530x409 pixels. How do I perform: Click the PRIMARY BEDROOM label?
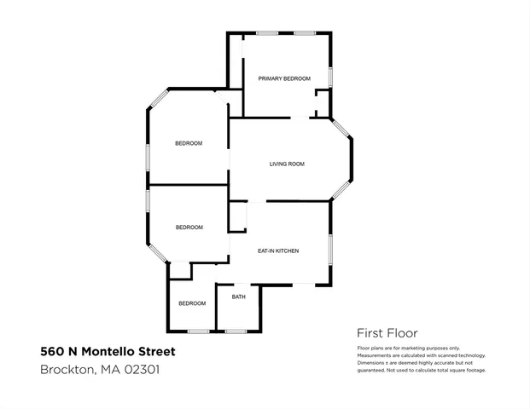[x=284, y=78]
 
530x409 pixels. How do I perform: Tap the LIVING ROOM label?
[x=287, y=164]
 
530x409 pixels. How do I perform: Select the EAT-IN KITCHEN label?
[x=277, y=251]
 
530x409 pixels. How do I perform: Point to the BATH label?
[x=238, y=297]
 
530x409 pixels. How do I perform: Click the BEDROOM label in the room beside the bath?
[x=192, y=303]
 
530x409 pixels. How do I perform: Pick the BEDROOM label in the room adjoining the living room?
[x=189, y=143]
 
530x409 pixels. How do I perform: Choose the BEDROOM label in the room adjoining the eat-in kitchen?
[x=189, y=227]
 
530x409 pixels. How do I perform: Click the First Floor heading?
[x=387, y=333]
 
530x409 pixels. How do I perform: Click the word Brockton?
[x=67, y=370]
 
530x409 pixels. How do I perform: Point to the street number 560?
[x=51, y=351]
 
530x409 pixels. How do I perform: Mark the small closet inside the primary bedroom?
[x=322, y=107]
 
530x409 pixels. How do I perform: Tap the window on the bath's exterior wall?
[x=236, y=331]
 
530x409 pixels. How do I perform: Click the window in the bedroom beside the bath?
[x=198, y=331]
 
